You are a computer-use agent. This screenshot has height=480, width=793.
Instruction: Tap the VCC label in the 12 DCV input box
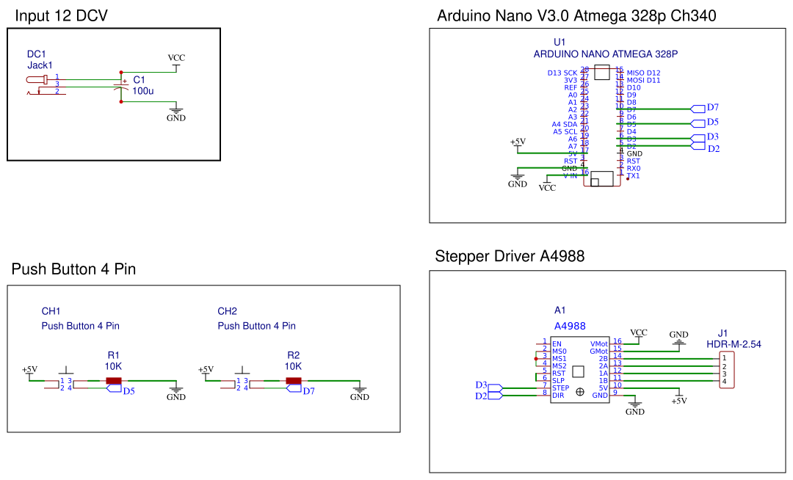[176, 58]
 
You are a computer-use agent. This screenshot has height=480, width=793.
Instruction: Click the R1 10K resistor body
[113, 380]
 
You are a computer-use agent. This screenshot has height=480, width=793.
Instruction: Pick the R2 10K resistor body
[294, 380]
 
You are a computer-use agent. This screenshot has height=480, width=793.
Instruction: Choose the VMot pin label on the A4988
[598, 343]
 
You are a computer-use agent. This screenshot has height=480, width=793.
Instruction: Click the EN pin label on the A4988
[557, 343]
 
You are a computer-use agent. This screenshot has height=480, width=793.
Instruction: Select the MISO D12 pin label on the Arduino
[643, 73]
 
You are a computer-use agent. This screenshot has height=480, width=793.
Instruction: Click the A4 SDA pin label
[565, 124]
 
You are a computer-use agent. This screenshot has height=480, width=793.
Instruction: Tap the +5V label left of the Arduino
[518, 142]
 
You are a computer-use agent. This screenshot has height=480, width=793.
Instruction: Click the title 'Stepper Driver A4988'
[510, 256]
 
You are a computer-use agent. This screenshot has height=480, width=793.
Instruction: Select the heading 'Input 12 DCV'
[61, 15]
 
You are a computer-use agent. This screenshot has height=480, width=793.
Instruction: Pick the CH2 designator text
[227, 311]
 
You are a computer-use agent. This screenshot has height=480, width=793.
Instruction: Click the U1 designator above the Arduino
[560, 42]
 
